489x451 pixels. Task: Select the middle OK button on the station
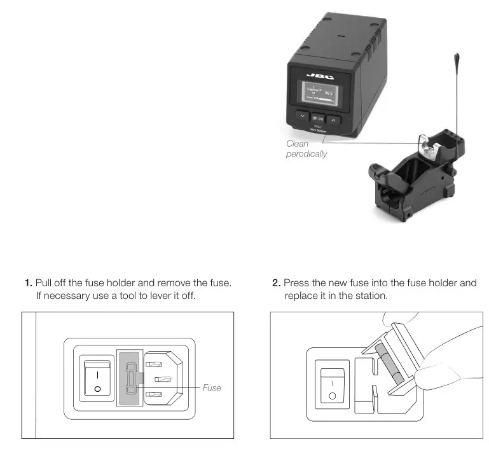point(317,118)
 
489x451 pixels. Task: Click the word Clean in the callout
point(297,144)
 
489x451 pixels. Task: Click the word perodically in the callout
point(306,155)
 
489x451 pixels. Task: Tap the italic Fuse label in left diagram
point(212,387)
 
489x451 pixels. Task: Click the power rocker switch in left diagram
point(97,379)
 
